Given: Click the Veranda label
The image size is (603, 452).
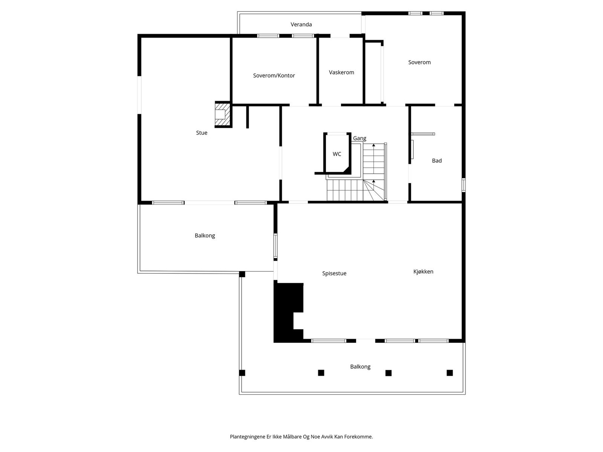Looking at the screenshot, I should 301,24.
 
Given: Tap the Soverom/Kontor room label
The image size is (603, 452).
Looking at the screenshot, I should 274,75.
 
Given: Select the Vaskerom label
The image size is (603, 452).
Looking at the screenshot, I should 341,72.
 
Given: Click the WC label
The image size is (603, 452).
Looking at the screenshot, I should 337,154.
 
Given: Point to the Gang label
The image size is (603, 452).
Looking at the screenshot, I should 360,138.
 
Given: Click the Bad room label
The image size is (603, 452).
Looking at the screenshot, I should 437,160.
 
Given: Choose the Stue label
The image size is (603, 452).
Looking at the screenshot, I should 202,133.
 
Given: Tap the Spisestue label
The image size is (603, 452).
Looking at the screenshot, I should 334,273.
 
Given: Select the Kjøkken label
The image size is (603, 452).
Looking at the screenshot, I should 423,272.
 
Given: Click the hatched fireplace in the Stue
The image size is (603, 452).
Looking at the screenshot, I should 222,114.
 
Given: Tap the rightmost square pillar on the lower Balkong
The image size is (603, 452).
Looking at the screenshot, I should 450,373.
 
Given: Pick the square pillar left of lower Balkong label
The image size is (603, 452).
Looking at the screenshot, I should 321,373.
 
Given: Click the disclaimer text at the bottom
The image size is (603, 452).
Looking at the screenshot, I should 301,437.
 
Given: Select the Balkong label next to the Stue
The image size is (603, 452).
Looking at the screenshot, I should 205,235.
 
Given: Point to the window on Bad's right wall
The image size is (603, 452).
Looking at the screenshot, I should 464,185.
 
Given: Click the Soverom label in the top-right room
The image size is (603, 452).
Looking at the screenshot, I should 419,62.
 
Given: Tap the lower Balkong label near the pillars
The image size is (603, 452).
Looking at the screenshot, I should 360,366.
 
